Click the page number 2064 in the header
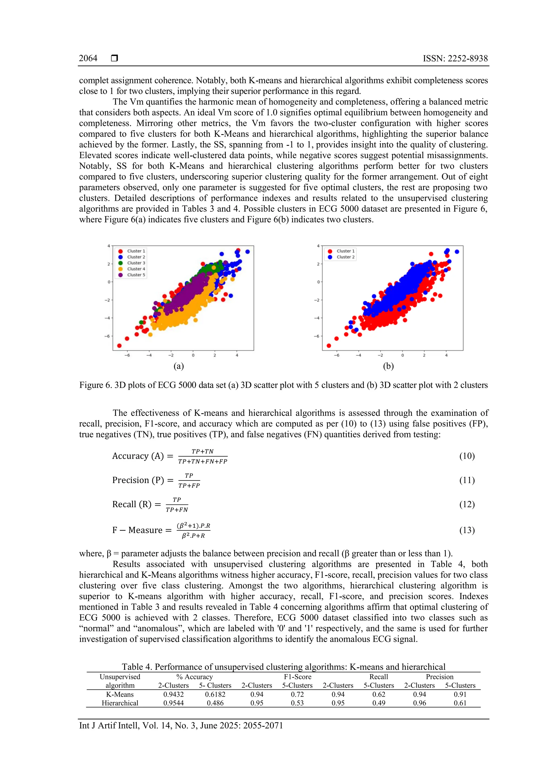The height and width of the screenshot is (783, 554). pyautogui.click(x=88, y=58)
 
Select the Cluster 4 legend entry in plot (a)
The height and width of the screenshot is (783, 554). pyautogui.click(x=136, y=269)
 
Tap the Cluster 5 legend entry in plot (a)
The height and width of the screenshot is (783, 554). pyautogui.click(x=136, y=275)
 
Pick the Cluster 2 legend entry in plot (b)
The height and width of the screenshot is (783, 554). pyautogui.click(x=345, y=257)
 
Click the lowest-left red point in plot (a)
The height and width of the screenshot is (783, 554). pyautogui.click(x=119, y=346)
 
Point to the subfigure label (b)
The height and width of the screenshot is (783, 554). pyautogui.click(x=388, y=366)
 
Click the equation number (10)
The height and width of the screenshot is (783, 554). pyautogui.click(x=467, y=456)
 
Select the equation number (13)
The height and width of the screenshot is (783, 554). pyautogui.click(x=467, y=530)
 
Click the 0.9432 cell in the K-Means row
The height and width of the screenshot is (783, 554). pyautogui.click(x=173, y=694)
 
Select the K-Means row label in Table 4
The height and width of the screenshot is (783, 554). pyautogui.click(x=120, y=694)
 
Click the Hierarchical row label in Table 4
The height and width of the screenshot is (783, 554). pyautogui.click(x=120, y=703)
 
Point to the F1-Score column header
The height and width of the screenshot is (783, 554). pyautogui.click(x=298, y=676)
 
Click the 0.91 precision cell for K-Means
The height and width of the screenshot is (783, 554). pyautogui.click(x=460, y=694)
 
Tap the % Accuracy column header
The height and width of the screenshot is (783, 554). pyautogui.click(x=194, y=676)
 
